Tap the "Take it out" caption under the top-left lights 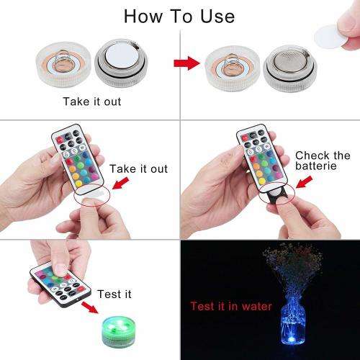point(91,102)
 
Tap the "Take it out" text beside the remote point(139,168)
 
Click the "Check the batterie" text point(322,161)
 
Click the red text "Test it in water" point(231,306)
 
